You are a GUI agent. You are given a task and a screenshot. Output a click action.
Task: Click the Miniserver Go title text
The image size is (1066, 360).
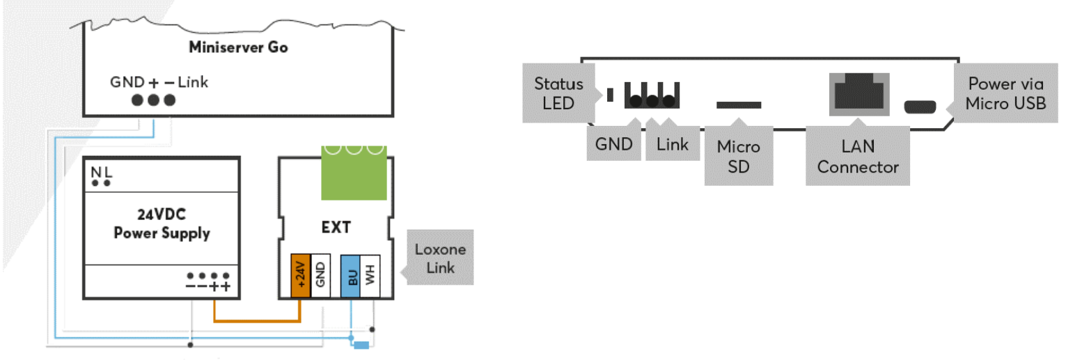238,48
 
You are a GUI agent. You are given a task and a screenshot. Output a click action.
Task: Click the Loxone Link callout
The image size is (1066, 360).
440,258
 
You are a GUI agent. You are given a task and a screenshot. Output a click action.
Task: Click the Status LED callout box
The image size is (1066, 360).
558,94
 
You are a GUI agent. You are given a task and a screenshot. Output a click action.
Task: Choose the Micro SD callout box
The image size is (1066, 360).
739,156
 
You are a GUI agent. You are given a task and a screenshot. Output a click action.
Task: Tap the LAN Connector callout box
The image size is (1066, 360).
858,157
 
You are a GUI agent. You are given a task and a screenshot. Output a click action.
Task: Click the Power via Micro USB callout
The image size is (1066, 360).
1006,94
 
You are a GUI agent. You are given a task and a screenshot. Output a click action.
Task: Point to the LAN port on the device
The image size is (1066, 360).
859,94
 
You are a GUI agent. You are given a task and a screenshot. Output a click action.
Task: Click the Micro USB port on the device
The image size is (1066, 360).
920,107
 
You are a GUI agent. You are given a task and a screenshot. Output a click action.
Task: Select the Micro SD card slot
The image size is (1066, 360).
739,105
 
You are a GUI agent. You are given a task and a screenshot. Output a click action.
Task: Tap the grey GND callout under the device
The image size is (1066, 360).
613,144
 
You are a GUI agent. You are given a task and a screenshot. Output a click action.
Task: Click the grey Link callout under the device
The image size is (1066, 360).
672,144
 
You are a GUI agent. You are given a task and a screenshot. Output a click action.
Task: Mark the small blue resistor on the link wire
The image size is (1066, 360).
361,344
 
